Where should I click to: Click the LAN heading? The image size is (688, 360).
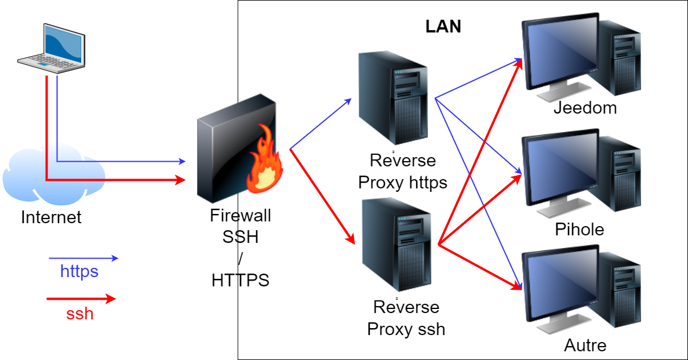(443, 27)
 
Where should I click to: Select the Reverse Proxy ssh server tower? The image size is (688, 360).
(396, 243)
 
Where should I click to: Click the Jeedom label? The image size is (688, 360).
(585, 108)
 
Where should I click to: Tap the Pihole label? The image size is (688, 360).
(579, 230)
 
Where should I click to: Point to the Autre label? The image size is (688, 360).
(585, 346)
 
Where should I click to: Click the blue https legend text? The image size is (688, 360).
(79, 271)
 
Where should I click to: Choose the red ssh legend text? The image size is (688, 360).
(80, 314)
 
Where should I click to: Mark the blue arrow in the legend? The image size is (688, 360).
(83, 258)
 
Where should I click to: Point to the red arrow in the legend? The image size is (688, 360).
(81, 299)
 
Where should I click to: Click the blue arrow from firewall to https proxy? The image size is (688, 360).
(321, 123)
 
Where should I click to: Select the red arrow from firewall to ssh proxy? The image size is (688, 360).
(322, 195)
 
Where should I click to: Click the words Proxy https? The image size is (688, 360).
(403, 183)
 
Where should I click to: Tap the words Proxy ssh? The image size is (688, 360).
(406, 329)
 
